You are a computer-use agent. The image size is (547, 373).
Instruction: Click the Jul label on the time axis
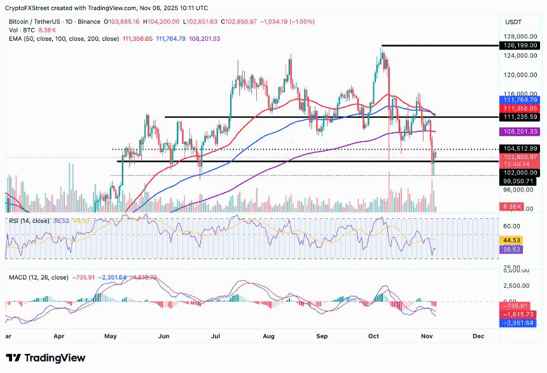point(216,335)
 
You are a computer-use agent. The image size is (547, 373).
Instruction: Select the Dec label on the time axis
point(478,335)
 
